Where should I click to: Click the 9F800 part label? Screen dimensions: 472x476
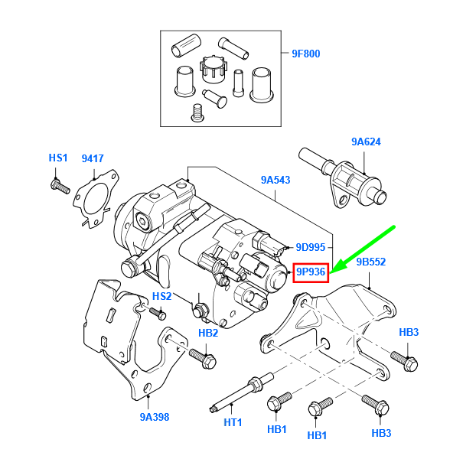(305, 54)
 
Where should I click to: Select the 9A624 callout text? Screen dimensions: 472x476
(366, 142)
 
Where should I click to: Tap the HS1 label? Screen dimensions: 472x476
(58, 158)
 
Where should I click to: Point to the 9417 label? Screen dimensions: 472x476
(93, 158)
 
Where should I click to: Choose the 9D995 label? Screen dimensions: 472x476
(311, 248)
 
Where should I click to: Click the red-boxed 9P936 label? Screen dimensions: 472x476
(311, 272)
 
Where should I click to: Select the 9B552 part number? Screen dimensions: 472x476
(371, 262)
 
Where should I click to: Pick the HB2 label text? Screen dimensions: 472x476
(208, 332)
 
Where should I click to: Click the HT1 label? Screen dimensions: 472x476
(233, 422)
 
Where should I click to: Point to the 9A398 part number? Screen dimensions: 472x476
(154, 417)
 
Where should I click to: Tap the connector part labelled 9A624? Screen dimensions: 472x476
(343, 177)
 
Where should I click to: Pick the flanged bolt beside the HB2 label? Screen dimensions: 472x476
(201, 356)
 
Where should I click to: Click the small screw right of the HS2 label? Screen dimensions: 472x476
(158, 312)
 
